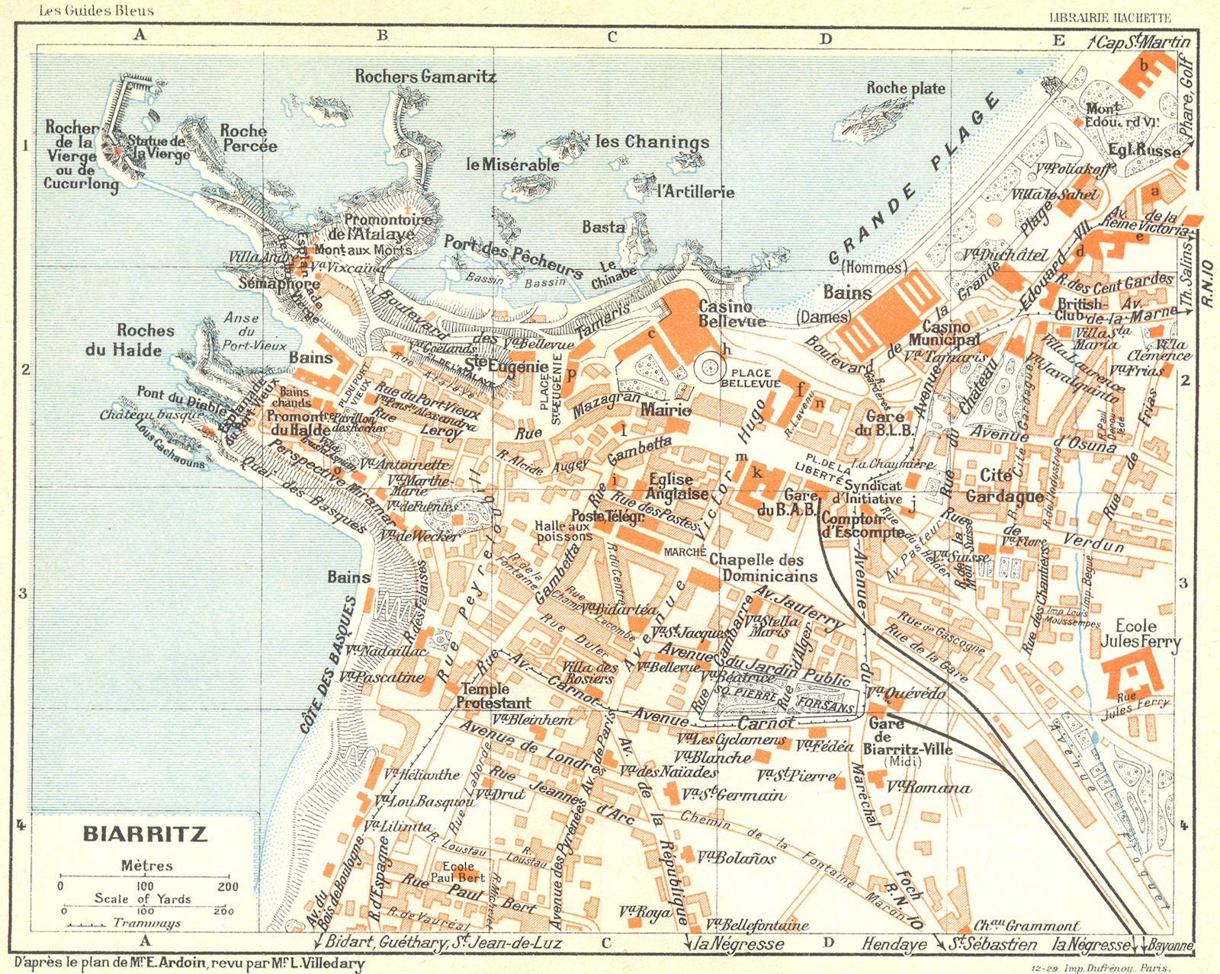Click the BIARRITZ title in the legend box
coord(145,833)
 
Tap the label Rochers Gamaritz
coord(425,76)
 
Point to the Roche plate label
coord(905,88)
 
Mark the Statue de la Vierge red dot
coord(119,150)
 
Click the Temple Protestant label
coord(493,695)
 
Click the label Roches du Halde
coord(145,340)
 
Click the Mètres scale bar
coord(143,876)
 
